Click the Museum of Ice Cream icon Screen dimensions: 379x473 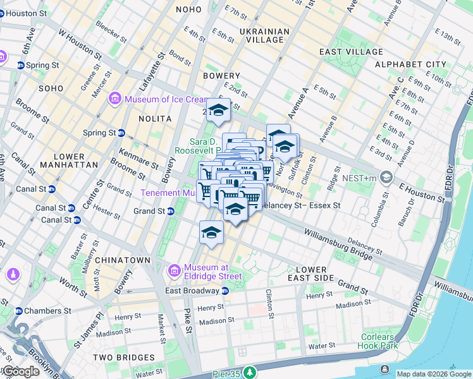[115, 99]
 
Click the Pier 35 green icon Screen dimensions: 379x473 [251, 373]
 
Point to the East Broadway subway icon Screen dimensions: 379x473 [224, 291]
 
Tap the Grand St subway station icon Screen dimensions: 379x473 [171, 211]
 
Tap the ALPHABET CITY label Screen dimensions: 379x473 [410, 64]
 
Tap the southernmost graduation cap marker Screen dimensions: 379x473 [211, 232]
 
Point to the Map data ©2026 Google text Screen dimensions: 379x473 [433, 374]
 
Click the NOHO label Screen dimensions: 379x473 [188, 9]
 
